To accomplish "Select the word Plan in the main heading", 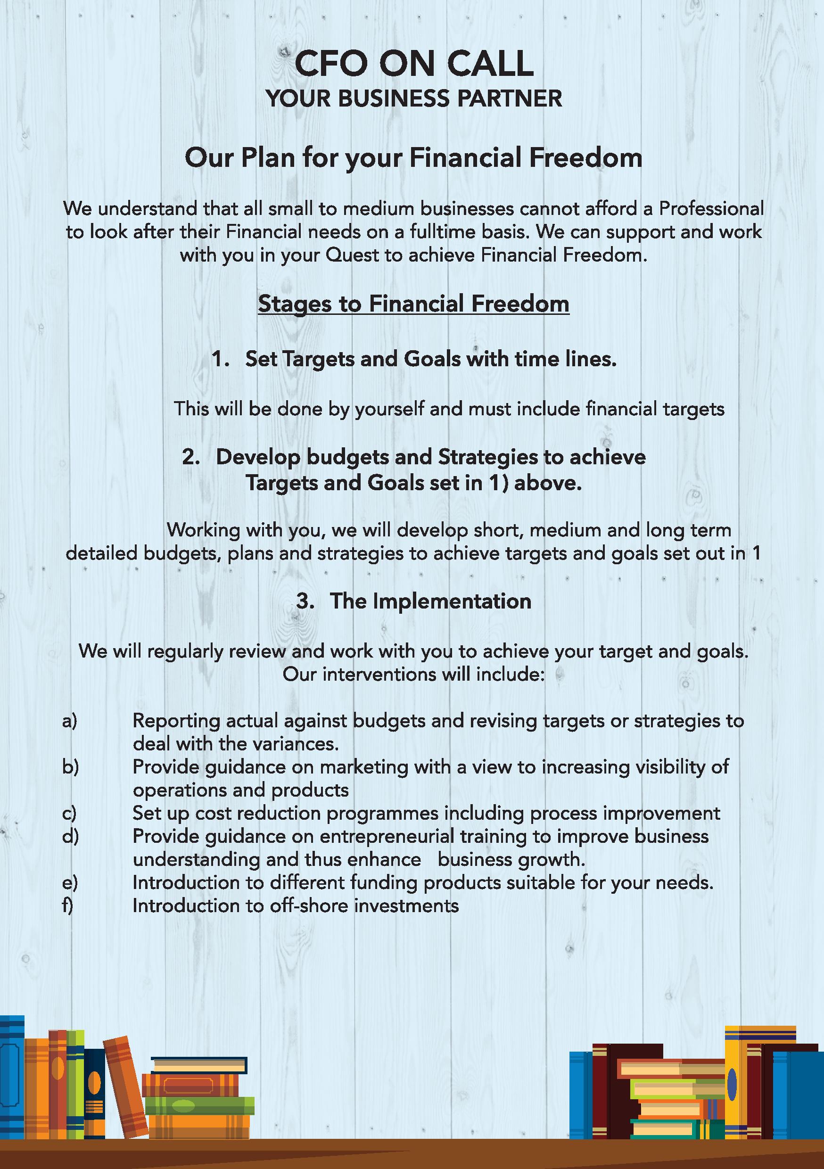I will pyautogui.click(x=268, y=158).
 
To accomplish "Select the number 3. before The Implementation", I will pyautogui.click(x=305, y=601).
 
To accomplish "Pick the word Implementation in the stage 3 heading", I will pyautogui.click(x=452, y=601).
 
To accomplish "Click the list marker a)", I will pyautogui.click(x=70, y=721).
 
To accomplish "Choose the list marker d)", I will pyautogui.click(x=70, y=837).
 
